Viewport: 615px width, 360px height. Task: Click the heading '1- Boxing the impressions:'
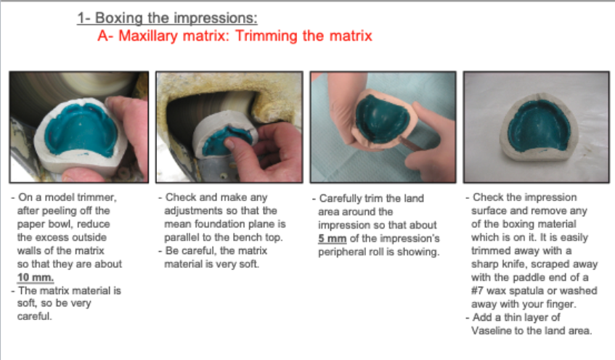point(167,18)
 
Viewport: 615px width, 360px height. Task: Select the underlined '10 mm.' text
point(36,277)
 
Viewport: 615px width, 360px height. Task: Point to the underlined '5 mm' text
point(333,239)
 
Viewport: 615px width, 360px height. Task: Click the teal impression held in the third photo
point(381,118)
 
